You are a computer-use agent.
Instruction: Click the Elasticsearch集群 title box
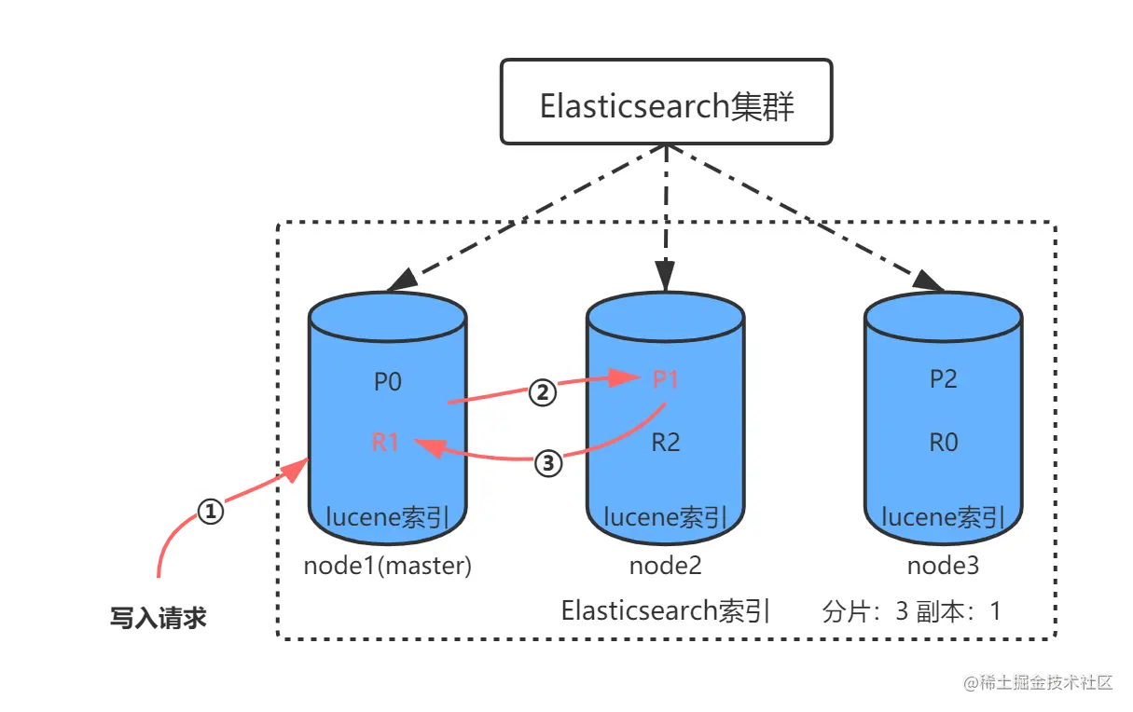click(x=666, y=103)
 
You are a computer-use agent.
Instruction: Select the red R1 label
click(x=386, y=443)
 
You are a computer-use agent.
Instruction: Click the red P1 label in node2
click(x=666, y=379)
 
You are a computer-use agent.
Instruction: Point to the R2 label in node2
click(x=666, y=442)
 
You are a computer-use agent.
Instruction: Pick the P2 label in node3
click(x=943, y=379)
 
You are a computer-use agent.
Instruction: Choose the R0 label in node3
click(x=943, y=442)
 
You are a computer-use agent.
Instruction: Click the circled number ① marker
click(x=212, y=510)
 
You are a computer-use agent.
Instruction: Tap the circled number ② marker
click(x=543, y=392)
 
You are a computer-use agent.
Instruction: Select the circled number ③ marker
click(x=548, y=462)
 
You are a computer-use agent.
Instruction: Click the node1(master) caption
click(x=388, y=566)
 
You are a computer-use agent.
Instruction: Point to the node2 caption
click(x=665, y=566)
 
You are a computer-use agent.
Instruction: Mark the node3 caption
click(x=943, y=566)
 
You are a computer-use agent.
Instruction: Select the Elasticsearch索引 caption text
click(x=665, y=611)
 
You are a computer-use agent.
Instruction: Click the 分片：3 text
click(x=865, y=612)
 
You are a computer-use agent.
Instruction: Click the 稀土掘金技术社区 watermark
click(x=1038, y=681)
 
